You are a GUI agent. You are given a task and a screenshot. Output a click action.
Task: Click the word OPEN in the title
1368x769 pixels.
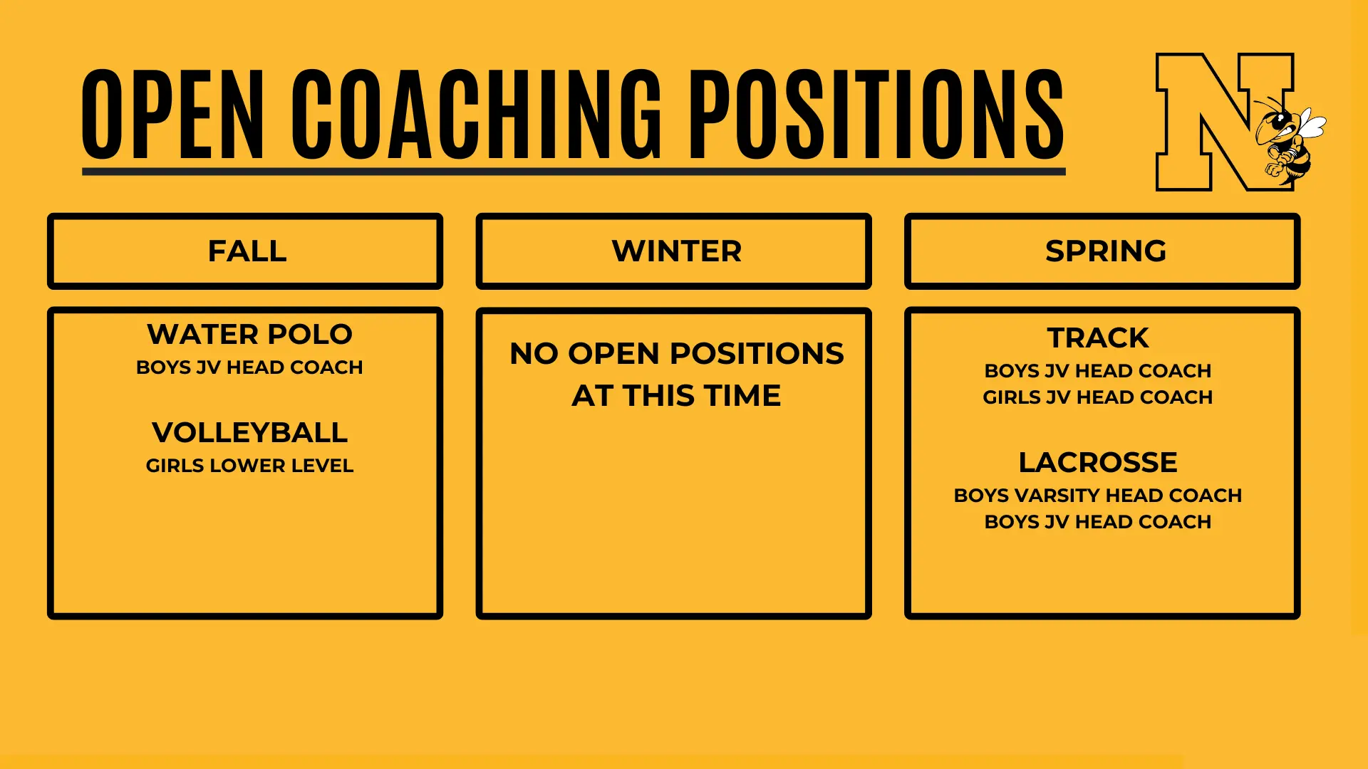click(173, 114)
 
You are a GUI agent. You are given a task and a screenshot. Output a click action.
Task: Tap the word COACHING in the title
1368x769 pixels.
click(477, 114)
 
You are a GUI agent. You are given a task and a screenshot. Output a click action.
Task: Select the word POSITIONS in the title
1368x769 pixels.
click(876, 114)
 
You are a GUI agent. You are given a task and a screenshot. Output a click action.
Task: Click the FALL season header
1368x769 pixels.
click(247, 251)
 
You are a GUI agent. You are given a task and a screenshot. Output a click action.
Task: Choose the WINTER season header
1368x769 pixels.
click(676, 251)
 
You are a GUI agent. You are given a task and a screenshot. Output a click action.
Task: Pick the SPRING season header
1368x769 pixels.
click(1105, 251)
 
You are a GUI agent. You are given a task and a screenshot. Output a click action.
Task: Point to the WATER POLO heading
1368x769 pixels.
click(249, 334)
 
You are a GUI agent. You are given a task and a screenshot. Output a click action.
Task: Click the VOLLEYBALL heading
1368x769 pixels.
click(249, 432)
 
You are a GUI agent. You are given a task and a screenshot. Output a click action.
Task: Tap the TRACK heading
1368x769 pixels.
click(1098, 338)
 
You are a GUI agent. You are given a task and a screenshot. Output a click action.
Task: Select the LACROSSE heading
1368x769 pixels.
click(1098, 462)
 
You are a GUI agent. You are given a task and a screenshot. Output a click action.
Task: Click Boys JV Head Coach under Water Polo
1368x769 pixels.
click(249, 367)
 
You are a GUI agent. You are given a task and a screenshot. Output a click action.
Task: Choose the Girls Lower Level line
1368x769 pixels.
click(249, 466)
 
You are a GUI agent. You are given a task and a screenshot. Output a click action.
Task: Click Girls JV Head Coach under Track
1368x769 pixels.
click(1098, 397)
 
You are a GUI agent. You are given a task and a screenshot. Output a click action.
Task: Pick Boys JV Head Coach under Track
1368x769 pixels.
click(1098, 371)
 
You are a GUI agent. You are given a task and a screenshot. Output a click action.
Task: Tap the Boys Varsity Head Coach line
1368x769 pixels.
click(1098, 496)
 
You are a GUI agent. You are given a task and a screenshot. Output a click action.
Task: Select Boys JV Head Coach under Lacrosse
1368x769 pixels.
click(1098, 522)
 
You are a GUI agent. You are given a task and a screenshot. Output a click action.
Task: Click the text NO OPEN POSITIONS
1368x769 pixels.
click(677, 354)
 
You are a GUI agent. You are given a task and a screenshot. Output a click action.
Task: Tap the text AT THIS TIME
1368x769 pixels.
click(676, 396)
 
